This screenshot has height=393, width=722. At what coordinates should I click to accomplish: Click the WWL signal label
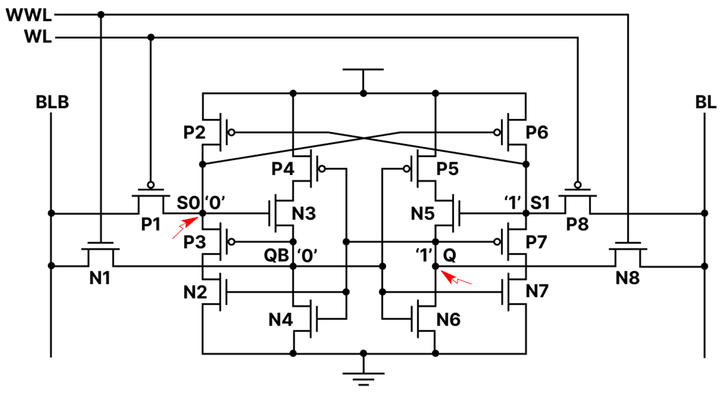coord(29,15)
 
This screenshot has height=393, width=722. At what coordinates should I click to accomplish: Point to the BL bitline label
coord(705,102)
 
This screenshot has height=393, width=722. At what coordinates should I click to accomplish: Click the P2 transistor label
coord(194,132)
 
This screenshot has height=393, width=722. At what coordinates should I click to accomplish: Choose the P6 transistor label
coord(537,132)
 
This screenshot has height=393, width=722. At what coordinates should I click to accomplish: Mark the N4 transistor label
coord(280,319)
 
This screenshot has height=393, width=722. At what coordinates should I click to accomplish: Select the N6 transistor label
coord(448,319)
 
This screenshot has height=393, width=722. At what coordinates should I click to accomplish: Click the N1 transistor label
coord(100,278)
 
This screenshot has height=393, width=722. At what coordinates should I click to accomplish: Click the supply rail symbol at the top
coord(363,70)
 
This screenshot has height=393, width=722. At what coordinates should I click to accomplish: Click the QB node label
coord(276,256)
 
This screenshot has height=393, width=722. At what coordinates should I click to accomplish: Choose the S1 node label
coord(540,203)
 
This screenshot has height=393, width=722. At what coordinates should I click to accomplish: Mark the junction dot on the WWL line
coord(101,15)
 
